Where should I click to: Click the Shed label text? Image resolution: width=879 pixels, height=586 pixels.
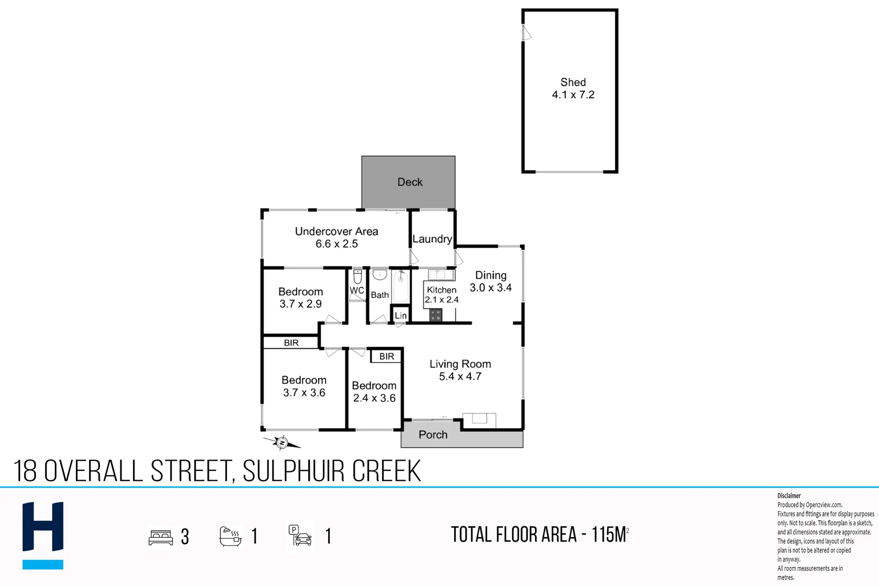[573, 82]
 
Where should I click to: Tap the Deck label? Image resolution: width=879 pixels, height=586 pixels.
[410, 182]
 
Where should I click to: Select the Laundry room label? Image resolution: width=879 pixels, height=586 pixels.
[432, 239]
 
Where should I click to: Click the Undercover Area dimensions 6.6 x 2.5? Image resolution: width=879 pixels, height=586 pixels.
[336, 244]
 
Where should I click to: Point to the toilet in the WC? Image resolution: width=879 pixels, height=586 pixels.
[358, 277]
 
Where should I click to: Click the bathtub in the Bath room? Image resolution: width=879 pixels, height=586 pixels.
[400, 286]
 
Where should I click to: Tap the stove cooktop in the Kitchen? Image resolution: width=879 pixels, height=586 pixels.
[436, 315]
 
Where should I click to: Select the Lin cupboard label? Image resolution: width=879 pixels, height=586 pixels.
[400, 316]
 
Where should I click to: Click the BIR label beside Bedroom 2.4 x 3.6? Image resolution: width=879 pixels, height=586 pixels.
[386, 356]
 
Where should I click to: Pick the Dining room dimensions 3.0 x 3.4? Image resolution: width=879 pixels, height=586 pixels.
[491, 288]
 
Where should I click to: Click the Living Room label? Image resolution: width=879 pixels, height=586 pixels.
[460, 364]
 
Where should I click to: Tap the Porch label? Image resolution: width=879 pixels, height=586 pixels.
[433, 435]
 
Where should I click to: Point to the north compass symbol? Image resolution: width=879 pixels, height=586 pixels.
[282, 443]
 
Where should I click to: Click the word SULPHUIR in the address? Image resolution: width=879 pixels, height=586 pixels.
[294, 471]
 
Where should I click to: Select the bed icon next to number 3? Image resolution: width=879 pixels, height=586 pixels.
[161, 537]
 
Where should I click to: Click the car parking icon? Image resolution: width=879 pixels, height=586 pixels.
[301, 536]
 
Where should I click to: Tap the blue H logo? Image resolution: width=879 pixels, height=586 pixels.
[43, 534]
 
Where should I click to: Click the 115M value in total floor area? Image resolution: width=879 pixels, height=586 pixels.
[609, 535]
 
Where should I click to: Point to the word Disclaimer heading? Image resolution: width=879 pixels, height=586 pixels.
[789, 496]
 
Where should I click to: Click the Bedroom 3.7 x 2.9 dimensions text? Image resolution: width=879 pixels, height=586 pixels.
[301, 304]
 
